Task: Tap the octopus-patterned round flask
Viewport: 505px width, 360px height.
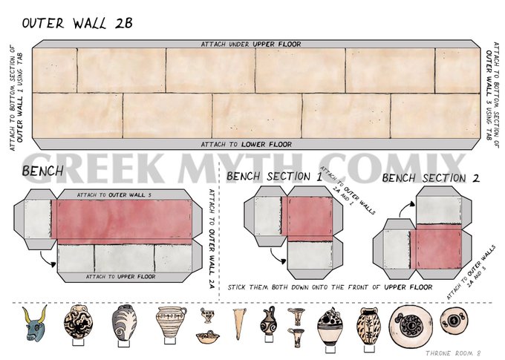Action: (78, 323)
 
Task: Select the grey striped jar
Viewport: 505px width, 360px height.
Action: (124, 323)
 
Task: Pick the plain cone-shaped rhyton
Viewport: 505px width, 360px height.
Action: (239, 324)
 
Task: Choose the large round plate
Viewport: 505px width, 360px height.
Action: (410, 326)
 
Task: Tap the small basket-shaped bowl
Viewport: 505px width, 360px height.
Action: (208, 337)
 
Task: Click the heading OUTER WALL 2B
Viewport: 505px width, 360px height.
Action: (77, 23)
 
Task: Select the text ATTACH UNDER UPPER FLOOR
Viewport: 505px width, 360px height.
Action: (251, 44)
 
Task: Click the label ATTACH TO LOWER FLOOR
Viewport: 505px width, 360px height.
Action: (247, 144)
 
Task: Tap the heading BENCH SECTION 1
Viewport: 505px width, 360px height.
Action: (274, 177)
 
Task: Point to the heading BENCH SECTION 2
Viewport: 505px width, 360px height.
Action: (431, 177)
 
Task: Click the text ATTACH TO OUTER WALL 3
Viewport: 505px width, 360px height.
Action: (114, 194)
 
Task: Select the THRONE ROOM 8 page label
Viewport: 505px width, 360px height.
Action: (453, 353)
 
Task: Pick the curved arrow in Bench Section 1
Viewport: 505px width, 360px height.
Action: (276, 257)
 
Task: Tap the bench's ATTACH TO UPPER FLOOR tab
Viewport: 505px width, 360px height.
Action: (121, 277)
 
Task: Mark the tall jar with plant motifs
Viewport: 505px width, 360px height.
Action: (368, 324)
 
